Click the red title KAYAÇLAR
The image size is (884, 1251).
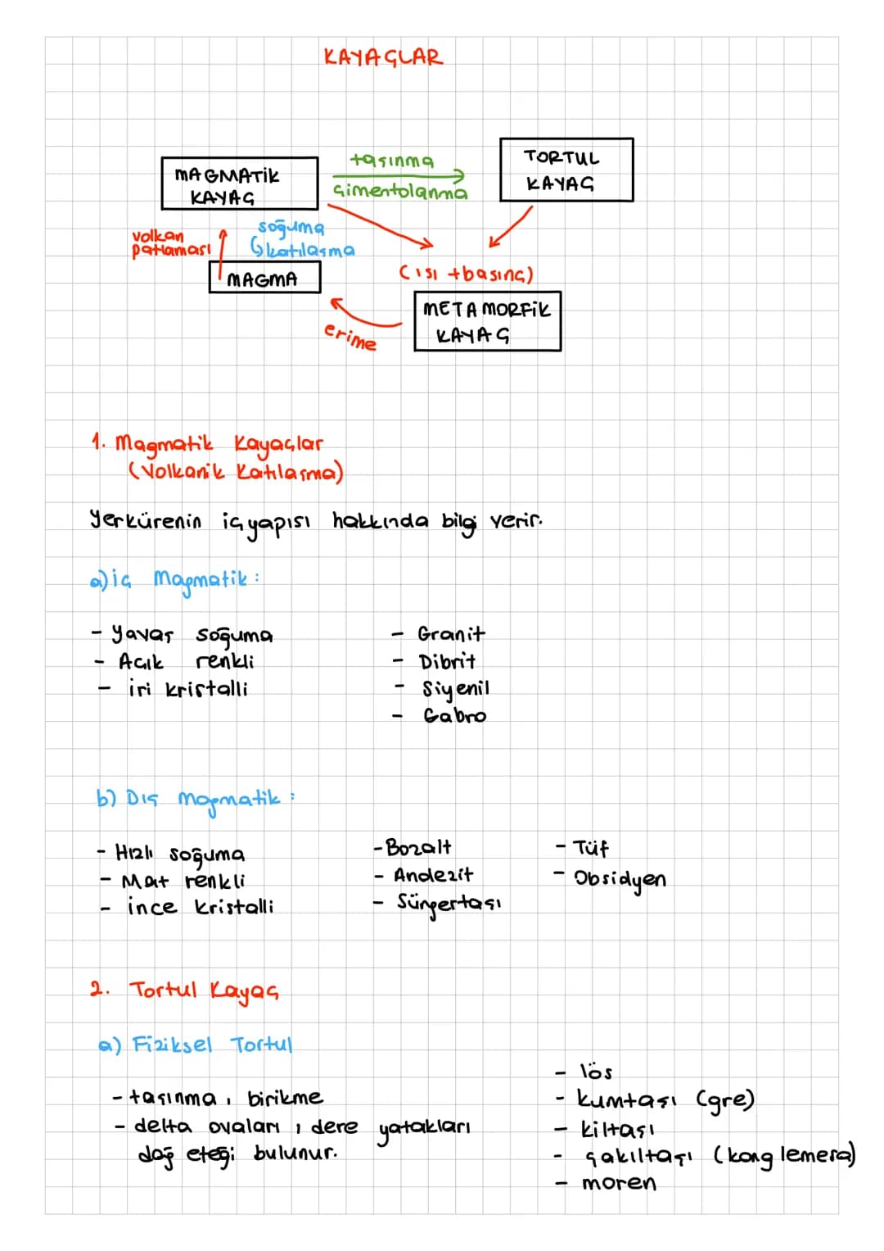coord(383,57)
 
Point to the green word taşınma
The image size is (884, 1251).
coord(391,161)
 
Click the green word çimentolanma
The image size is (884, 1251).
coord(400,192)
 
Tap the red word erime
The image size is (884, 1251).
coord(350,338)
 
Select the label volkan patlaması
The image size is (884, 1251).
coord(171,243)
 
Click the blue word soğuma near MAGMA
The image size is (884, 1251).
coord(291,226)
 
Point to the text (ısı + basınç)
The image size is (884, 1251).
coord(466,274)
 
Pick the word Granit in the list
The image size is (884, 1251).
coord(451,634)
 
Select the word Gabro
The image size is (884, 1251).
coord(454,715)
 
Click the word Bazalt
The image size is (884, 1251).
coord(418,847)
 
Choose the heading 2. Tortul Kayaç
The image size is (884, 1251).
coord(184,991)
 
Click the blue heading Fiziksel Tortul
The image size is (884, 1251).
coord(212,1044)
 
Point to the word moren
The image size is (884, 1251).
coord(619,1183)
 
